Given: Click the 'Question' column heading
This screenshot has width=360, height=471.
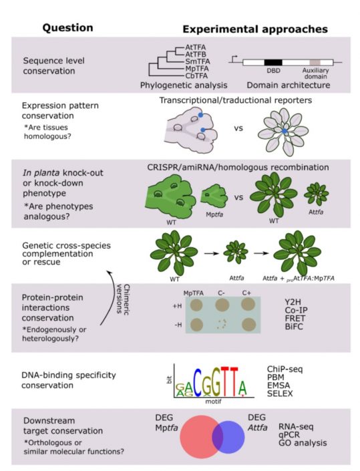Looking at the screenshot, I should (x=67, y=28).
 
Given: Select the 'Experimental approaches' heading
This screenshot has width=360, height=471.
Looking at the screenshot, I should (x=254, y=29).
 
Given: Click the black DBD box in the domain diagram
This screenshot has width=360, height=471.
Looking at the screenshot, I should (x=273, y=62).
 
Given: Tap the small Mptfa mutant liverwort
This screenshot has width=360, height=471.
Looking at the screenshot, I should (x=212, y=198).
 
